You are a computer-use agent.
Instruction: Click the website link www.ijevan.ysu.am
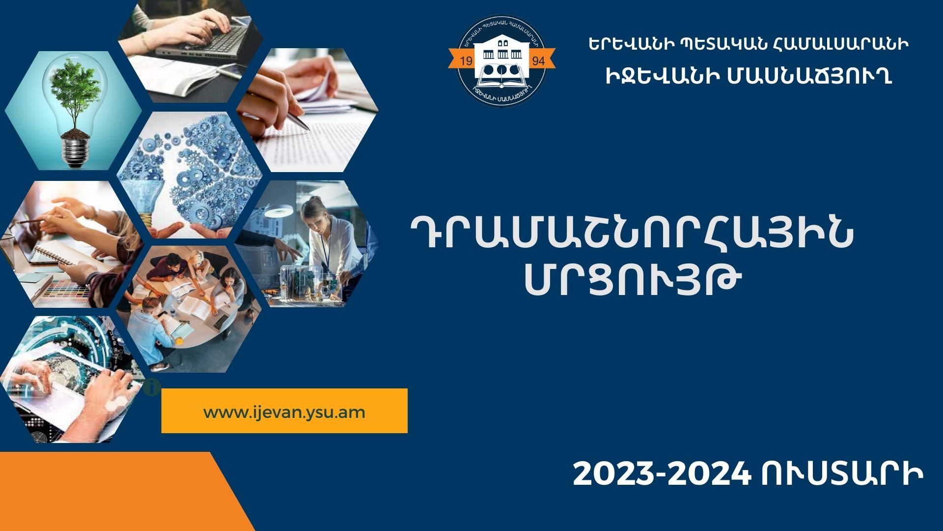click(284, 412)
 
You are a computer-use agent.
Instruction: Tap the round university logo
click(501, 60)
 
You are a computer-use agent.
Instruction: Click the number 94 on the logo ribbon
click(538, 60)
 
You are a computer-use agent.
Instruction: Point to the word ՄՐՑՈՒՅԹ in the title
click(633, 281)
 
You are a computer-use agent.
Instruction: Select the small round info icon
click(152, 387)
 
